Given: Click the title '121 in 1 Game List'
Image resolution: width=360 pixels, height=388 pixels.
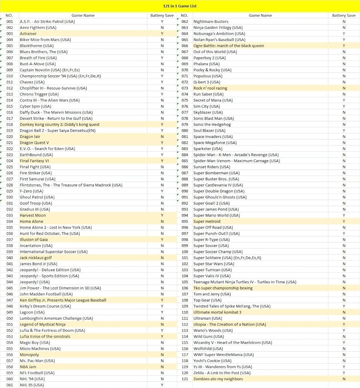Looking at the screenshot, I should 180,6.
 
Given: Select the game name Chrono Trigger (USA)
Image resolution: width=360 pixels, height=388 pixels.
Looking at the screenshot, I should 39,94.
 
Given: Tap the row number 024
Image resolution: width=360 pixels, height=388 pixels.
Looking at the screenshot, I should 10,161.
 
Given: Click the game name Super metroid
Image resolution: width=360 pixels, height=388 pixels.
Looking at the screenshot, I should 207,222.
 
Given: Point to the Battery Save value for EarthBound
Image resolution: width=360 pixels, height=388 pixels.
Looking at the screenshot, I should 162,155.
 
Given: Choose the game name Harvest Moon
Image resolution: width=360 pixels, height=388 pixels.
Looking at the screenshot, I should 33,215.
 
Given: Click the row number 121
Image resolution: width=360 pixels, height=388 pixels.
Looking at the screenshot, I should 185,379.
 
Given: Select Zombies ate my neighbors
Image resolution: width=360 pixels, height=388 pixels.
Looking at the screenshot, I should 218,379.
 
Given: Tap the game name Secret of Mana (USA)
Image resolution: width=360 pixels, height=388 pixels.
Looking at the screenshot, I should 213,100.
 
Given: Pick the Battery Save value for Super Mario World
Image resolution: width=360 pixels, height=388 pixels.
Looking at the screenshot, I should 344,215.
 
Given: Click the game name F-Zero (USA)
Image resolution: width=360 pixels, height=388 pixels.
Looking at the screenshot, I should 31,191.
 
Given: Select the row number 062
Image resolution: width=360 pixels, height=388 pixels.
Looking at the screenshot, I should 185,22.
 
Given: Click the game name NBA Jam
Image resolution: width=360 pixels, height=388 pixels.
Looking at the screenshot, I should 28,367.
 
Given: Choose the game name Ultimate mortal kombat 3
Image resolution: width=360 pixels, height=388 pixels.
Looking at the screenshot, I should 217,312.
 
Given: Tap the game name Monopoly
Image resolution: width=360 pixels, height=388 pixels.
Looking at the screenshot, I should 29,355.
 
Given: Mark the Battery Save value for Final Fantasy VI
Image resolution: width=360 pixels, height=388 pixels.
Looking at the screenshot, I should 162,161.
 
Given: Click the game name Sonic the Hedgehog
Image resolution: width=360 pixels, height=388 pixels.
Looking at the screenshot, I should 212,125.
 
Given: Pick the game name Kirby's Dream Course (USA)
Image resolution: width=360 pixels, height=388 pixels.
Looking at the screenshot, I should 45,306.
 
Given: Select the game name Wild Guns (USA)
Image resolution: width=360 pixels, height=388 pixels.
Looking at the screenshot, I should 209,336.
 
